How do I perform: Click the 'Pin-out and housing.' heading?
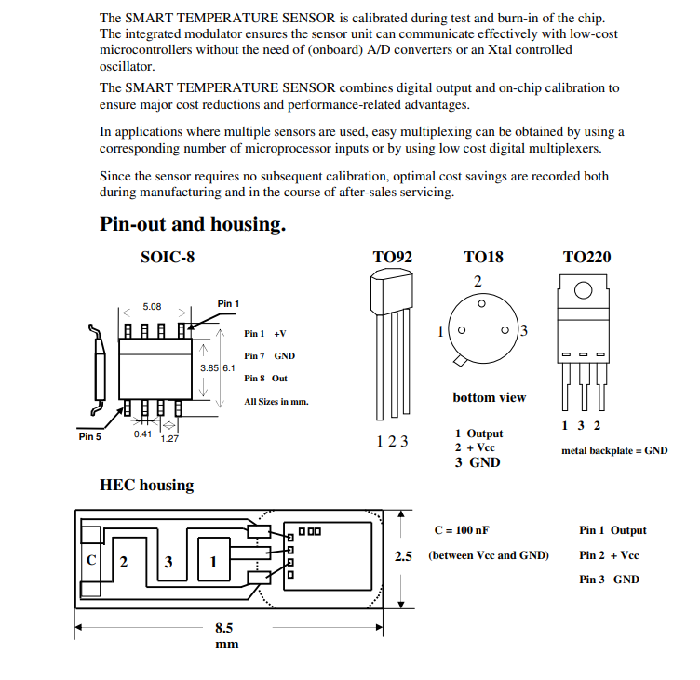(x=192, y=224)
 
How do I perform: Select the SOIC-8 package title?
(x=168, y=257)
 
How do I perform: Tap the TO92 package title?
(x=392, y=257)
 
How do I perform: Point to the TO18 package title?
(x=482, y=257)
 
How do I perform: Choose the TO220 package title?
(x=586, y=257)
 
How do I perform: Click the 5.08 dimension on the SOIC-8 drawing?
(x=152, y=306)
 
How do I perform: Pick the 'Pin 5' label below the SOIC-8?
(x=90, y=435)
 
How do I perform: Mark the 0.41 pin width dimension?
(x=142, y=433)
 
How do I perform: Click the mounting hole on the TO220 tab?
(x=583, y=290)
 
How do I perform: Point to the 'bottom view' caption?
(x=489, y=398)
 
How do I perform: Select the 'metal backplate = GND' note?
(x=614, y=451)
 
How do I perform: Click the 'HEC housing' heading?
(x=147, y=485)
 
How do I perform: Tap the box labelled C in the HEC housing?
(x=91, y=561)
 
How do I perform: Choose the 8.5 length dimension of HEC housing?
(x=224, y=628)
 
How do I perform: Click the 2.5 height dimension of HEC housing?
(x=403, y=556)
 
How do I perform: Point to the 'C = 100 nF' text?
(x=462, y=530)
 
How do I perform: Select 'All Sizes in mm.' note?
(x=276, y=402)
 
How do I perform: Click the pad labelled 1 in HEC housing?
(x=214, y=562)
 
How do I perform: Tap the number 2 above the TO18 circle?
(x=478, y=281)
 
